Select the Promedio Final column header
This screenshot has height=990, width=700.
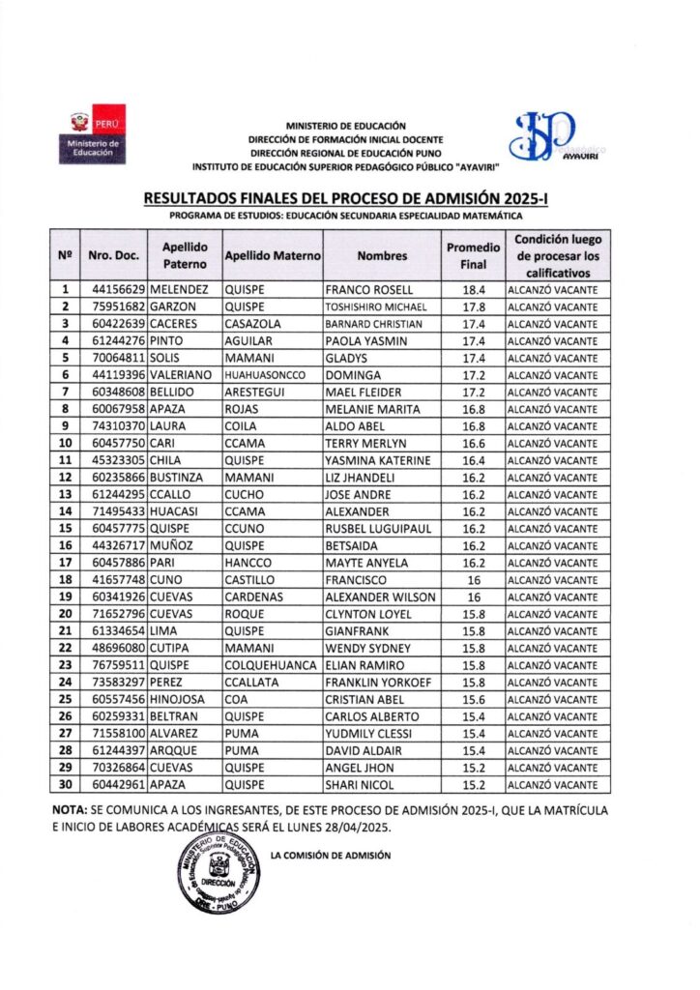pyautogui.click(x=473, y=255)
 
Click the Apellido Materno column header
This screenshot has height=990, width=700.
pyautogui.click(x=272, y=256)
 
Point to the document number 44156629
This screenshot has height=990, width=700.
pyautogui.click(x=118, y=290)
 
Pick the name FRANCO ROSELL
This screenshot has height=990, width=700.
pyautogui.click(x=369, y=290)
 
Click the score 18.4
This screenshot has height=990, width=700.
pyautogui.click(x=473, y=290)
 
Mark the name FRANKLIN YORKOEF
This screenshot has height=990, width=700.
pyautogui.click(x=378, y=683)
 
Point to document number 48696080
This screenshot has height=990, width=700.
pyautogui.click(x=118, y=648)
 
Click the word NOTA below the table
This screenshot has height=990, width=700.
pyautogui.click(x=68, y=808)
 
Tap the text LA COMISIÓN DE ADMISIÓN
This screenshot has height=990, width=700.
pyautogui.click(x=331, y=856)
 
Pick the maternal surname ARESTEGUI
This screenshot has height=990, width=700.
pyautogui.click(x=256, y=393)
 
